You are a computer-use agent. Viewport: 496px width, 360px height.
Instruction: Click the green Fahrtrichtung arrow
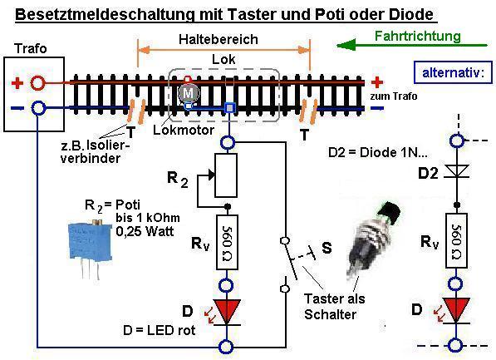(x=411, y=46)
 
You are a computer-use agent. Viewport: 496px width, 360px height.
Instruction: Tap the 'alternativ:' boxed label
(x=454, y=72)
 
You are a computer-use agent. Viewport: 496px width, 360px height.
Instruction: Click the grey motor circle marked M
(x=189, y=93)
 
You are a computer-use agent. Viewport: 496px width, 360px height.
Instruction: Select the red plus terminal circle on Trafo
(x=37, y=83)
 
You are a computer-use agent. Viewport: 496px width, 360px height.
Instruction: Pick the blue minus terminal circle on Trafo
(x=38, y=108)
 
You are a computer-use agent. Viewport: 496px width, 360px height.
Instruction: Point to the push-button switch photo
(x=373, y=239)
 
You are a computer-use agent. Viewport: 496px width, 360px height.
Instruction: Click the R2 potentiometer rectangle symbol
(x=226, y=175)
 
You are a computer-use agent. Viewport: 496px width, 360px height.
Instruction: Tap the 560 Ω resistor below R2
(x=227, y=242)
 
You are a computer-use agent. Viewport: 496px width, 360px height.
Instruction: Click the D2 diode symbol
(x=457, y=171)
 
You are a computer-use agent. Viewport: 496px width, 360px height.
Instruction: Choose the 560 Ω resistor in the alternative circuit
(x=456, y=240)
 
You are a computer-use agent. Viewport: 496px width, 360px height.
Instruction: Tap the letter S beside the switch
(x=327, y=248)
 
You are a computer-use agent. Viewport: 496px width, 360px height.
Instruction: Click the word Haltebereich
(x=219, y=40)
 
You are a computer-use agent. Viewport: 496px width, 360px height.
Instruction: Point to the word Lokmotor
(x=184, y=130)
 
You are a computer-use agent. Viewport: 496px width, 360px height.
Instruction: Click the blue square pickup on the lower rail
(x=230, y=108)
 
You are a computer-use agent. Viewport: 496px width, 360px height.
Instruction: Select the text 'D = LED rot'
(x=160, y=330)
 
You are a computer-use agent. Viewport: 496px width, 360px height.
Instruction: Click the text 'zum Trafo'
(x=394, y=96)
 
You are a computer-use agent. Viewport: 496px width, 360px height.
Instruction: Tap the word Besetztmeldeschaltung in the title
(x=105, y=14)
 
